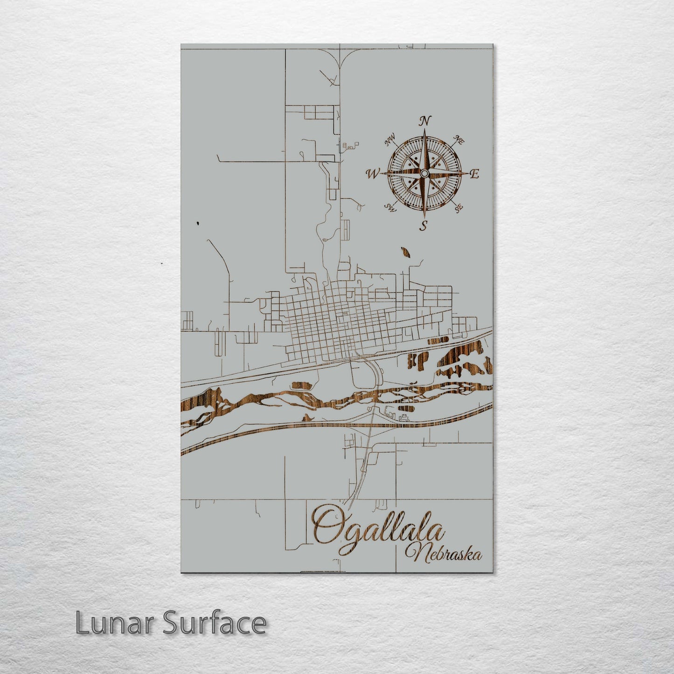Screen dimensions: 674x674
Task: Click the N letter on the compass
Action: (424, 121)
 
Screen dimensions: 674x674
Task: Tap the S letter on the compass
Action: (424, 226)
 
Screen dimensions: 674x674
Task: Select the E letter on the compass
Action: (474, 174)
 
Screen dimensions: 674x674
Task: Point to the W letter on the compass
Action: (373, 174)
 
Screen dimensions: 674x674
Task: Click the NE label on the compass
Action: (459, 140)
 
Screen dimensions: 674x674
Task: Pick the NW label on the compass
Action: (389, 139)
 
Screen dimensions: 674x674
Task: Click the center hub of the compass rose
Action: (424, 174)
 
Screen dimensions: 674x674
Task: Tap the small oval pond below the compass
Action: (406, 252)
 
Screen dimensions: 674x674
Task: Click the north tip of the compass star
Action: (424, 130)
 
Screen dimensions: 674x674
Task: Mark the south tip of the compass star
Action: (424, 217)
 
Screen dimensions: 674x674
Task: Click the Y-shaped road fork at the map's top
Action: (340, 58)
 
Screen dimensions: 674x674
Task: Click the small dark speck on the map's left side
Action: (199, 223)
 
